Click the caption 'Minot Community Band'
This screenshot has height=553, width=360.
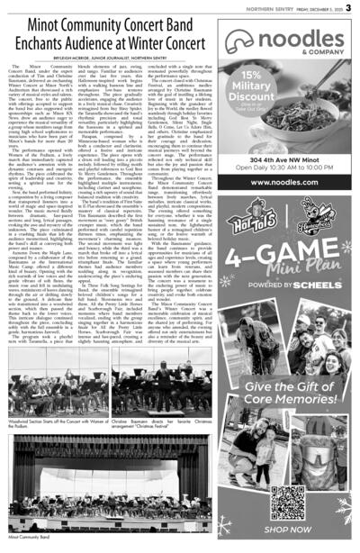[x=26, y=547]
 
